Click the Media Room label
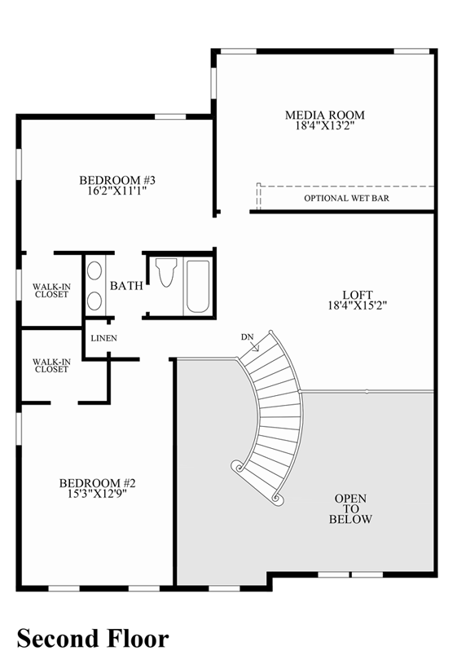coord(324,115)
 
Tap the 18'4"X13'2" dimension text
coord(324,126)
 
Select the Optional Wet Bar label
coord(346,198)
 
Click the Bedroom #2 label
coord(97,482)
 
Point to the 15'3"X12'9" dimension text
coord(97,494)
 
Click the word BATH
coord(126,286)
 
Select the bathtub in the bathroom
coord(198,285)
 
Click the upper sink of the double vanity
coord(94,271)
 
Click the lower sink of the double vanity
coord(94,301)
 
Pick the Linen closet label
coord(103,338)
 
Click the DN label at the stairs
coord(248,336)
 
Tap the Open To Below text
coord(350,508)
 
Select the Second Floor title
coord(92,638)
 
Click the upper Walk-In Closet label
coord(51,291)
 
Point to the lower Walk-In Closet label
coord(51,365)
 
